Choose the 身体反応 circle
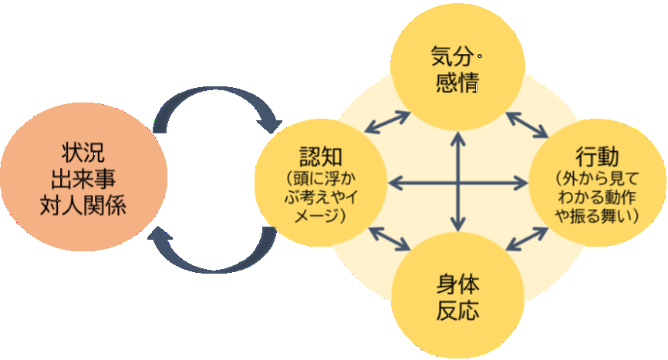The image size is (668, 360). click(x=460, y=296)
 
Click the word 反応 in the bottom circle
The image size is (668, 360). click(x=458, y=311)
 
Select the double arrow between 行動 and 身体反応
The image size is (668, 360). click(x=529, y=240)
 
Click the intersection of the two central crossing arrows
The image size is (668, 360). click(x=460, y=183)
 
